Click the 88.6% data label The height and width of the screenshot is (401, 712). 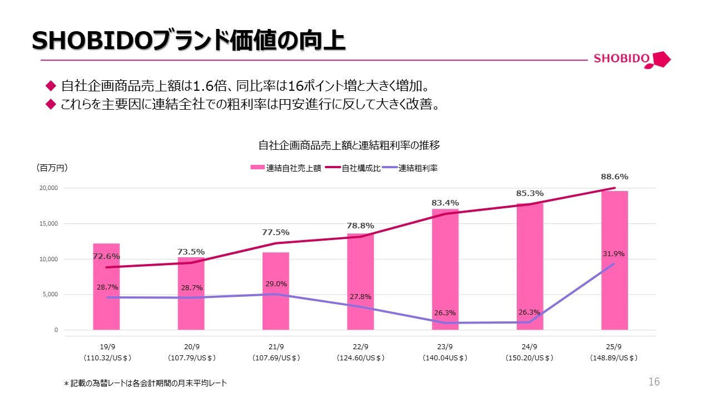click(x=614, y=177)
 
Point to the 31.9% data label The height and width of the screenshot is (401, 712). click(x=614, y=254)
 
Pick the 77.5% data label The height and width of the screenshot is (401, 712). click(x=276, y=232)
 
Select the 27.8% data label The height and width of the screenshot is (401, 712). click(x=360, y=297)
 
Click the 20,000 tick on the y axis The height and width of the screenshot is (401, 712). click(x=49, y=188)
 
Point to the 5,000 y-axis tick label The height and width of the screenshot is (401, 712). click(x=51, y=295)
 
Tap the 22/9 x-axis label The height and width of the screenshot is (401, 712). click(x=360, y=346)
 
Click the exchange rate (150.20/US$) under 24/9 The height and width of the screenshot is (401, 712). click(x=530, y=358)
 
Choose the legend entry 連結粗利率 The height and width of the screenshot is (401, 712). click(x=418, y=168)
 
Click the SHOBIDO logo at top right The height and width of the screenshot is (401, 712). click(x=632, y=59)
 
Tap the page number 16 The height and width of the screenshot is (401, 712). click(x=654, y=382)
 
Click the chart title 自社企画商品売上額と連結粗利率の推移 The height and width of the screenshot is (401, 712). click(x=349, y=145)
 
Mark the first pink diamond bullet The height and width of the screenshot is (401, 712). click(x=51, y=86)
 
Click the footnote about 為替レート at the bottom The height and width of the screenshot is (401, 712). click(x=145, y=383)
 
